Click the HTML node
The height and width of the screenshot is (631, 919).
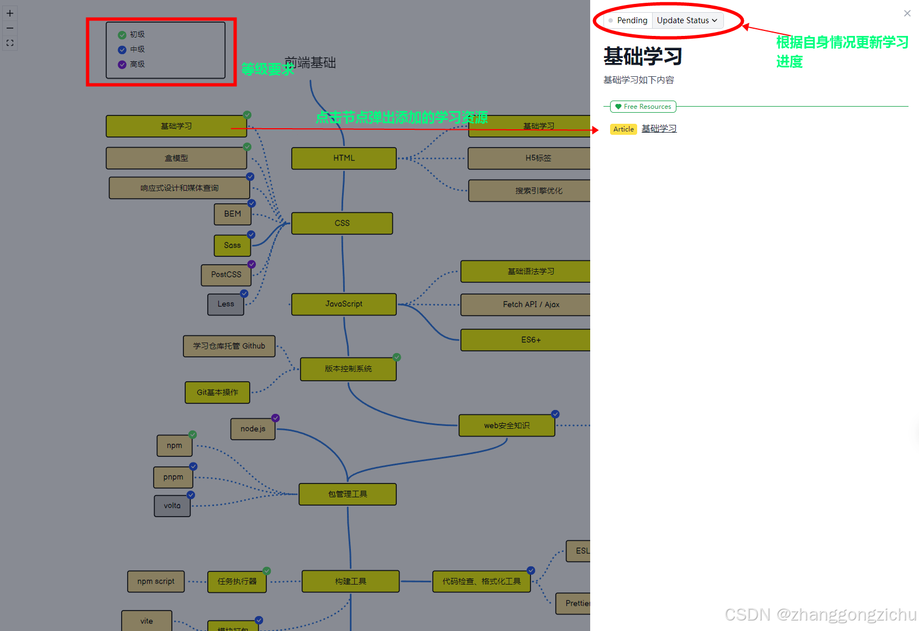344,158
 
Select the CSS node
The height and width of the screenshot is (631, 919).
342,223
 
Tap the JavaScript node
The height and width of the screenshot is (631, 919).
344,304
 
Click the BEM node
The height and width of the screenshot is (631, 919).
232,214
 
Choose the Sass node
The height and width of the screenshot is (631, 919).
232,245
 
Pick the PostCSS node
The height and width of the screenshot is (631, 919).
226,275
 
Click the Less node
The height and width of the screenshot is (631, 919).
225,304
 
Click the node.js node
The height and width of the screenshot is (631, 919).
253,429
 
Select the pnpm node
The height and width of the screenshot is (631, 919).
173,477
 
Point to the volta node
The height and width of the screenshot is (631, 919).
172,506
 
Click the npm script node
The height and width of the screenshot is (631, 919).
156,581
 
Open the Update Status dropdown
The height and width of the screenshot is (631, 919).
687,20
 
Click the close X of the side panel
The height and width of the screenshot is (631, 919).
907,13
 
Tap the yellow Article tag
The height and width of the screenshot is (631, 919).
623,129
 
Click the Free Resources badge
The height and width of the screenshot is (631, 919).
643,107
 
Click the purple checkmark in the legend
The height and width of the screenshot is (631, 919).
122,65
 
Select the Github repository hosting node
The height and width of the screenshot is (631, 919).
229,346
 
